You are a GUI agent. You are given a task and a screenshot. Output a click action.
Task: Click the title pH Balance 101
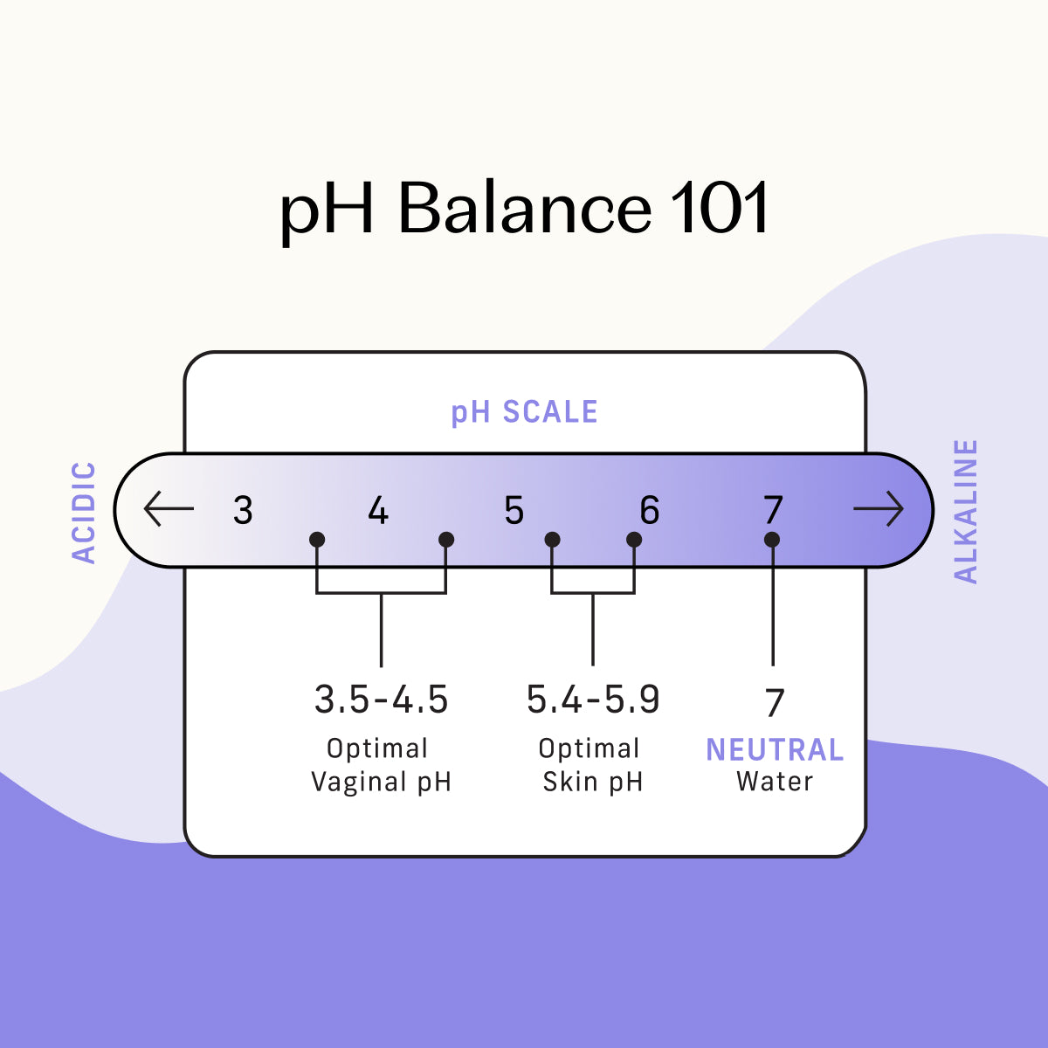click(524, 210)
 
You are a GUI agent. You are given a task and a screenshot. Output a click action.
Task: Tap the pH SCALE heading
click(524, 412)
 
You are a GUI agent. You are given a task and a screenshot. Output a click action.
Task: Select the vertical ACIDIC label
click(85, 513)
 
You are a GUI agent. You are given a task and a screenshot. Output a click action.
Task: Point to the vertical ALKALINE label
click(966, 512)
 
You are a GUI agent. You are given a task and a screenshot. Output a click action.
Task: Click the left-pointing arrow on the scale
click(169, 508)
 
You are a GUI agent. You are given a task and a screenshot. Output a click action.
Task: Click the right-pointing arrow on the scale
click(879, 508)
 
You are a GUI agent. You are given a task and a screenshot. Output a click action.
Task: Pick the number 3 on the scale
click(243, 510)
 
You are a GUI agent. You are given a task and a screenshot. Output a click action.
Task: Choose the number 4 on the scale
click(378, 510)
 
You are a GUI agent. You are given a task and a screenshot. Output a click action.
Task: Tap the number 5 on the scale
click(514, 510)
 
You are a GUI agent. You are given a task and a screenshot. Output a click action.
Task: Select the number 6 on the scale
click(650, 510)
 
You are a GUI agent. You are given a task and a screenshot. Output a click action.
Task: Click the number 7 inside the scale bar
click(774, 510)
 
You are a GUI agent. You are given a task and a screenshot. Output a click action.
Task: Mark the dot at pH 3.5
click(317, 540)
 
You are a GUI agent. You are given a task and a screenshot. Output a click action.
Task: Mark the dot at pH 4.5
click(446, 540)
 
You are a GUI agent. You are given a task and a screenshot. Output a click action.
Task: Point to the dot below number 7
click(772, 540)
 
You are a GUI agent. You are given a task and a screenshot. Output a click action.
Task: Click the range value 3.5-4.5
click(382, 699)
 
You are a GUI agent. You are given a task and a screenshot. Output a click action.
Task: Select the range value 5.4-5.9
click(593, 699)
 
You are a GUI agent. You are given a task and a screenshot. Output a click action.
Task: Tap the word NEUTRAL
click(775, 750)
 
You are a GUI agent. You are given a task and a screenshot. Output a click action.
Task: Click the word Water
click(775, 782)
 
